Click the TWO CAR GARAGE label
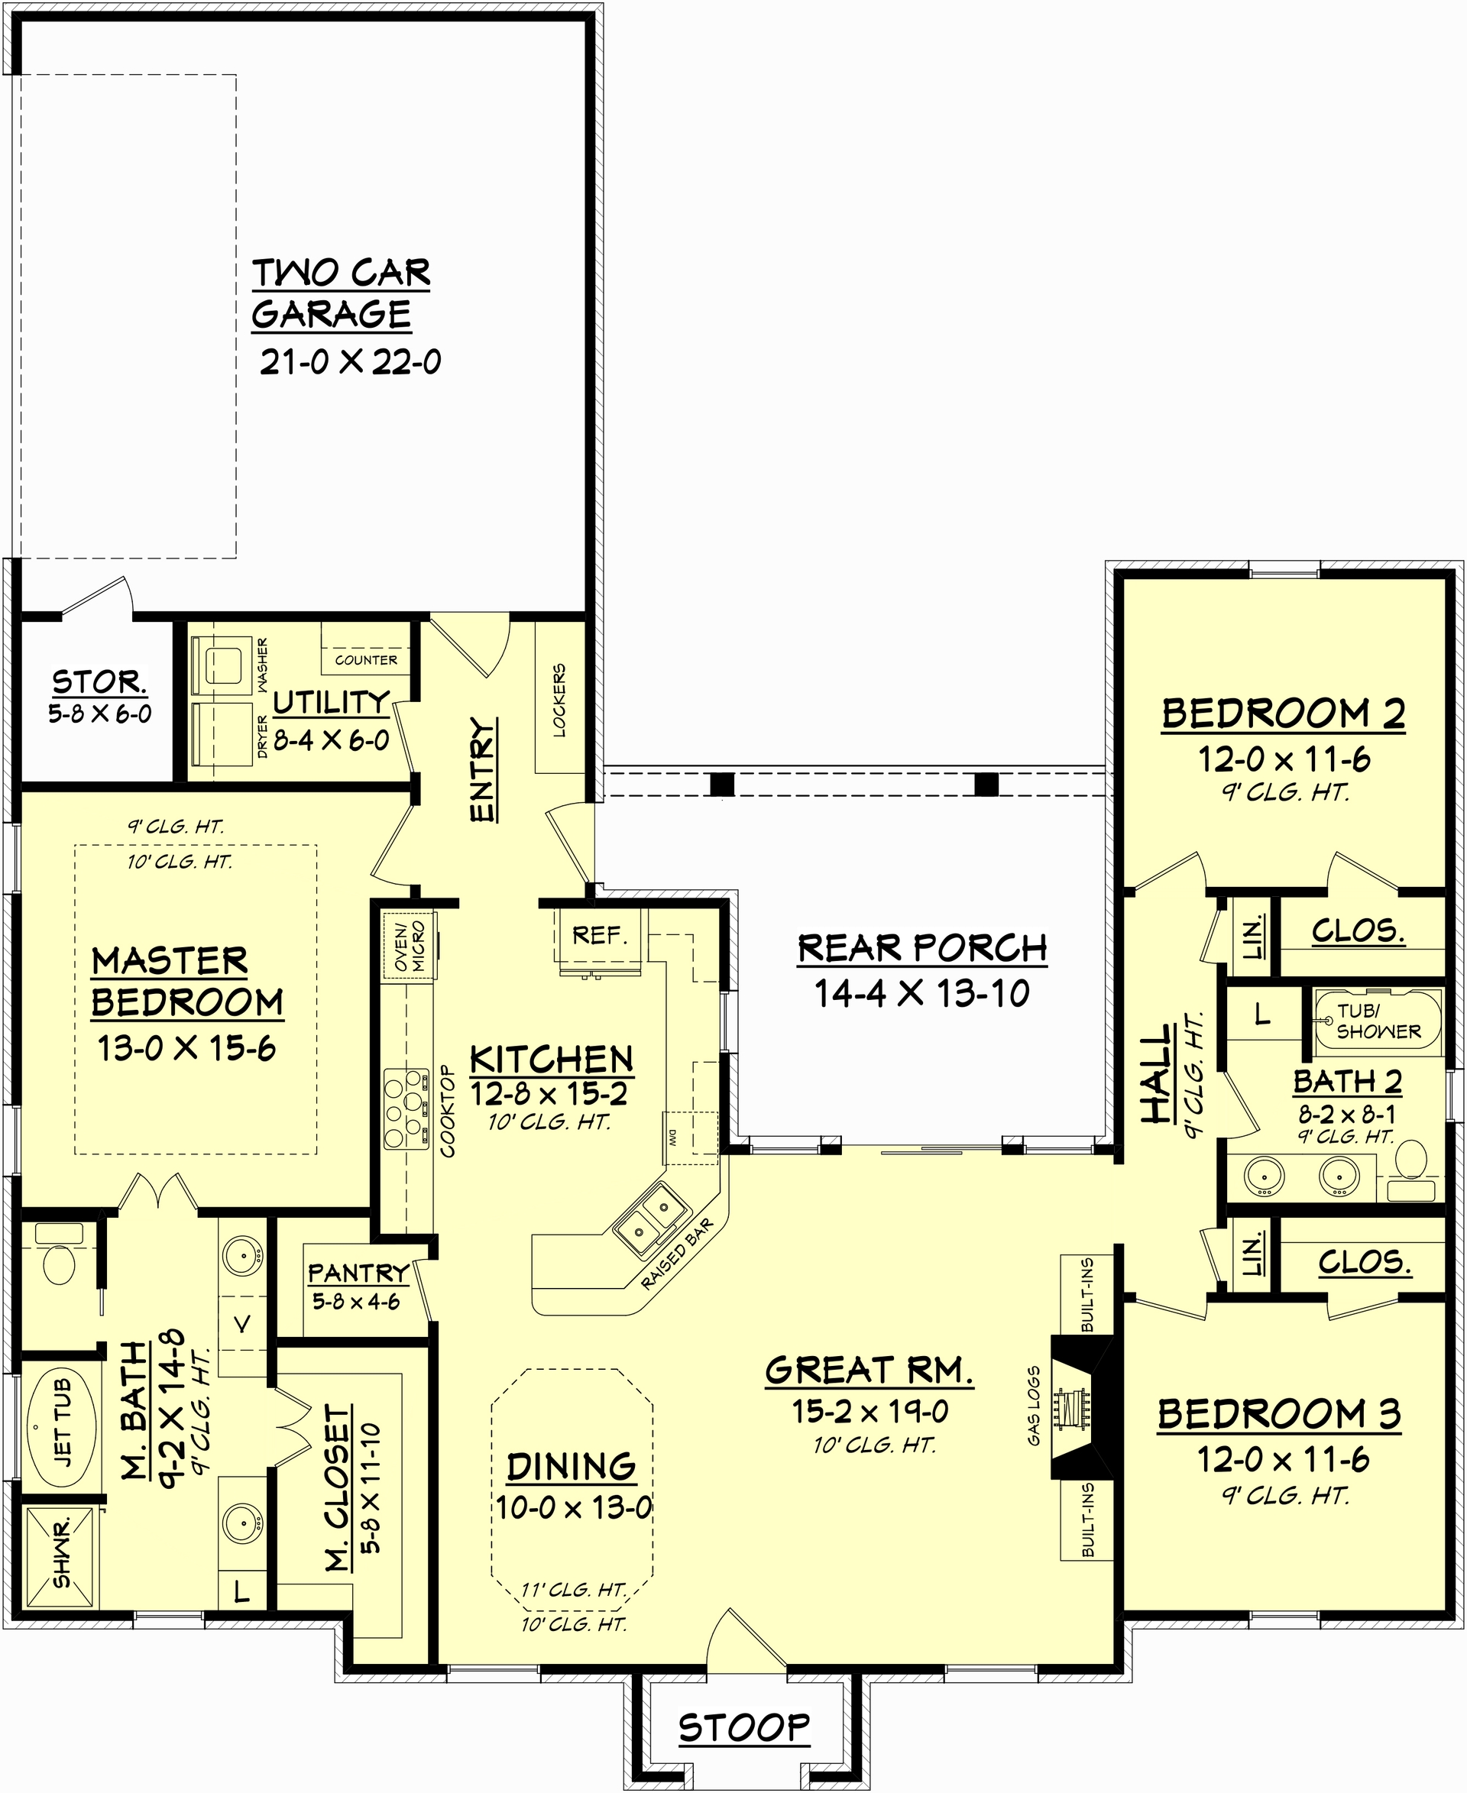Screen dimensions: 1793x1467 point(341,293)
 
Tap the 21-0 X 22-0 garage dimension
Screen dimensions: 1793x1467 point(350,362)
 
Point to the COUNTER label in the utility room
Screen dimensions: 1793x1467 point(366,660)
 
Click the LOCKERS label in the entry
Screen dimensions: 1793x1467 point(559,701)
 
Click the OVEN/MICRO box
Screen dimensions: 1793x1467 point(410,947)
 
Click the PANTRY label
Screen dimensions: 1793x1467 point(358,1273)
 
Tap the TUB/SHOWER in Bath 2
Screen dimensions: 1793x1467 point(1378,1021)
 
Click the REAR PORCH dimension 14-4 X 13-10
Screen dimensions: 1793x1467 point(921,994)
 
